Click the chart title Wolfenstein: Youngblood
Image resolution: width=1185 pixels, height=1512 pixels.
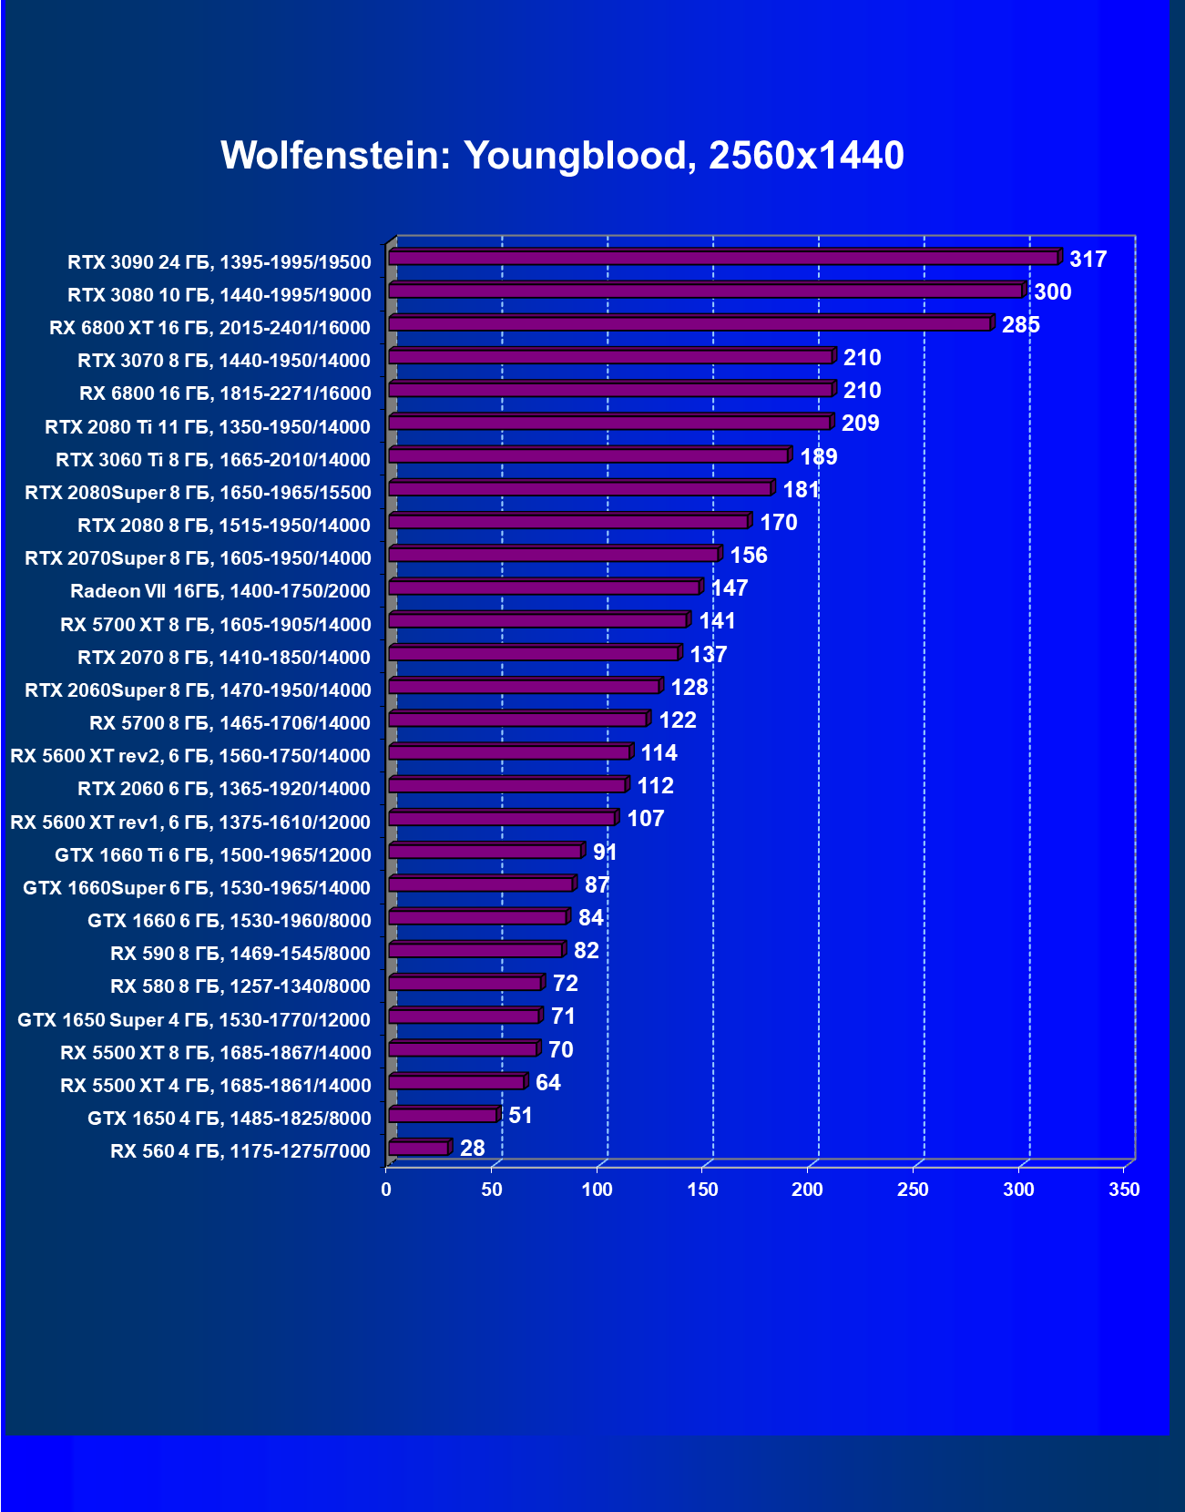point(562,156)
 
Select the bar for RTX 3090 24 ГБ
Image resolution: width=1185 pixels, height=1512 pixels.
point(723,258)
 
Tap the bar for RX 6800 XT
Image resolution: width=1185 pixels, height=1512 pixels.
point(690,323)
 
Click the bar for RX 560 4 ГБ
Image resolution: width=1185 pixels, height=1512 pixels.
point(419,1148)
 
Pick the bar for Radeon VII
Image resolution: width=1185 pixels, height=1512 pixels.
point(545,587)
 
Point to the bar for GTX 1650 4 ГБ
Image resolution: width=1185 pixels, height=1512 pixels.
point(444,1115)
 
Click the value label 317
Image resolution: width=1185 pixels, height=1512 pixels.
point(1088,260)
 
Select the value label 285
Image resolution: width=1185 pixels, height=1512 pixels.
point(1020,325)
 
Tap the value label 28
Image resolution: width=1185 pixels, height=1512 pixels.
point(472,1149)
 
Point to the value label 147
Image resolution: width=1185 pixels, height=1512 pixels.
point(729,588)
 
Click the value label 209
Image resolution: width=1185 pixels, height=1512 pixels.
point(860,424)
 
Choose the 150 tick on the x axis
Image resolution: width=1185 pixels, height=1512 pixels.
point(702,1190)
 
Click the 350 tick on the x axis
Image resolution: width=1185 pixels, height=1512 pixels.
point(1124,1190)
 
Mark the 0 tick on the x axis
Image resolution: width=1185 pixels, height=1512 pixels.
point(386,1190)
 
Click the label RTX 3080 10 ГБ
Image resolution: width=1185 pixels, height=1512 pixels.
point(220,295)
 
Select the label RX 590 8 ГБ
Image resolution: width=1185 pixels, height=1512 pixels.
point(240,954)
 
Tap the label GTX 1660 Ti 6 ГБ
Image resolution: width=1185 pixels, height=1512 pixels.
point(213,855)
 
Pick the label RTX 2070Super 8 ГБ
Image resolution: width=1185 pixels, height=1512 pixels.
point(199,558)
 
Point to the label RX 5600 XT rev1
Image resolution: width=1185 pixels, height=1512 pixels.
point(190,822)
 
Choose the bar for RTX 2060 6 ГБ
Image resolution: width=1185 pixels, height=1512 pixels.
point(507,785)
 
